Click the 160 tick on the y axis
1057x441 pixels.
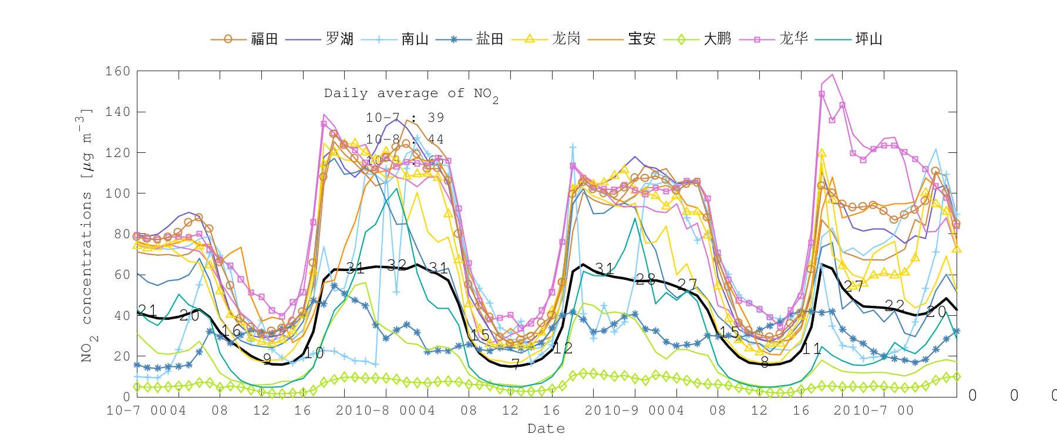click(x=118, y=72)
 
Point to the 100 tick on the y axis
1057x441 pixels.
click(x=118, y=193)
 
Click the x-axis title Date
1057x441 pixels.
click(x=546, y=429)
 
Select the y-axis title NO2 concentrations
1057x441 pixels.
click(x=87, y=235)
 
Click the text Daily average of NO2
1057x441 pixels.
click(x=411, y=94)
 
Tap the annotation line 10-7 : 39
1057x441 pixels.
click(x=405, y=118)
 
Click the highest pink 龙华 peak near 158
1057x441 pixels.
click(x=832, y=75)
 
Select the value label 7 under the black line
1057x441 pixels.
click(x=515, y=364)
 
